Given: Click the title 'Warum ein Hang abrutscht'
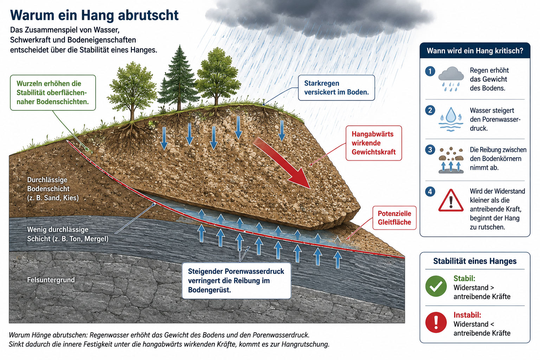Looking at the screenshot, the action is tap(94, 15).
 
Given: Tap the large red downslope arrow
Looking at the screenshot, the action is tap(282, 162).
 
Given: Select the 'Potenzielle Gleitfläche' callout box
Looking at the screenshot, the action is tap(394, 218).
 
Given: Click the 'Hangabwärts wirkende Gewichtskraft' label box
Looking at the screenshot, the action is tap(374, 143).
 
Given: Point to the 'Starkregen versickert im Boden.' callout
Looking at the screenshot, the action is tap(336, 88).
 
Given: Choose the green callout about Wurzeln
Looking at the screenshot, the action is tap(53, 92).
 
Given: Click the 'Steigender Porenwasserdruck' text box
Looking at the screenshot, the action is tap(237, 281).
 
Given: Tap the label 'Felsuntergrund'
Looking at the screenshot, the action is tap(51, 280).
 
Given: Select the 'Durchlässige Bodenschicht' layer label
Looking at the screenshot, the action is tap(53, 189).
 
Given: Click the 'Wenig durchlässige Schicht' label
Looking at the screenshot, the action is tap(68, 234).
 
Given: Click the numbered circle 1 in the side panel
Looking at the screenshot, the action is tap(430, 71).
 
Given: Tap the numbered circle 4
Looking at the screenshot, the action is tap(430, 192).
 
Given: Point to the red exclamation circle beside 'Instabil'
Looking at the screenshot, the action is tap(436, 322).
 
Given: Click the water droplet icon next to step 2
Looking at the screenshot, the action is tap(451, 119).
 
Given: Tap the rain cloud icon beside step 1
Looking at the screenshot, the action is tap(451, 79).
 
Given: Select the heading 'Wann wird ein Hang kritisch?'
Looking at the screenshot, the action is tap(475, 51).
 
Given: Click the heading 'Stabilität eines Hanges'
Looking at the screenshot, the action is tap(475, 261).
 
